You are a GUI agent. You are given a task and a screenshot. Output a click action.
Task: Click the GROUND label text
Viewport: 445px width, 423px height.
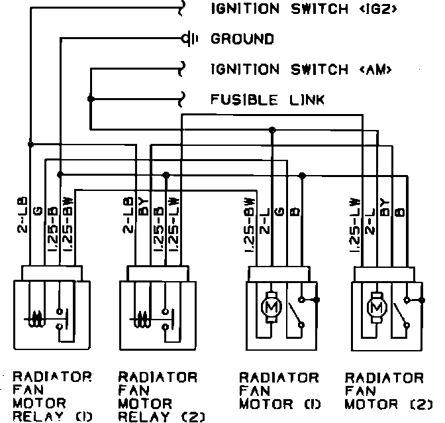pos(242,39)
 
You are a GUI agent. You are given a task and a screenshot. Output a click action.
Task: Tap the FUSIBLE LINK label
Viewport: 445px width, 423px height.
pos(268,100)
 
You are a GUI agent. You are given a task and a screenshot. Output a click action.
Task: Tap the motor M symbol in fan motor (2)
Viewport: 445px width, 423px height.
pos(377,306)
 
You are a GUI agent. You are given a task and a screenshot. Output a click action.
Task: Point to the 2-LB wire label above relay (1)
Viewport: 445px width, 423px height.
pos(21,215)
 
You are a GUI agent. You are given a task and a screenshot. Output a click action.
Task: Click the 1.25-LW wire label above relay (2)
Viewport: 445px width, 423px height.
pos(173,224)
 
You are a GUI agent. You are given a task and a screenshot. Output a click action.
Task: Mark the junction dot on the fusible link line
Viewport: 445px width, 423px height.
pos(91,99)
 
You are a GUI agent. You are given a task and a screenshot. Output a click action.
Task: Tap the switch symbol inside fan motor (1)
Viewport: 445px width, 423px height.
pos(298,312)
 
